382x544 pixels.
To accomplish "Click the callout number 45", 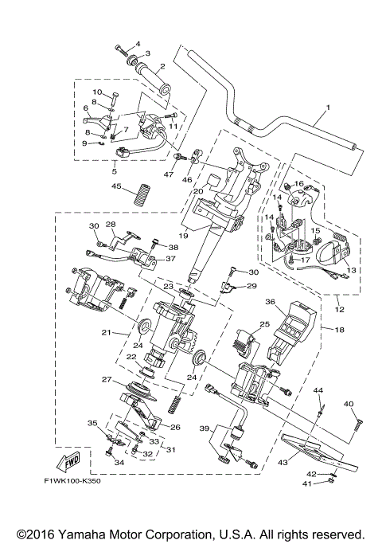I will [115, 187].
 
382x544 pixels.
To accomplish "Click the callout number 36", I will [270, 302].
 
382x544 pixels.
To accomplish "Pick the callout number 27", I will [107, 379].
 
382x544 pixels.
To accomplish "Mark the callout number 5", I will [115, 170].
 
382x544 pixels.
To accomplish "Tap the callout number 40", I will [349, 404].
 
